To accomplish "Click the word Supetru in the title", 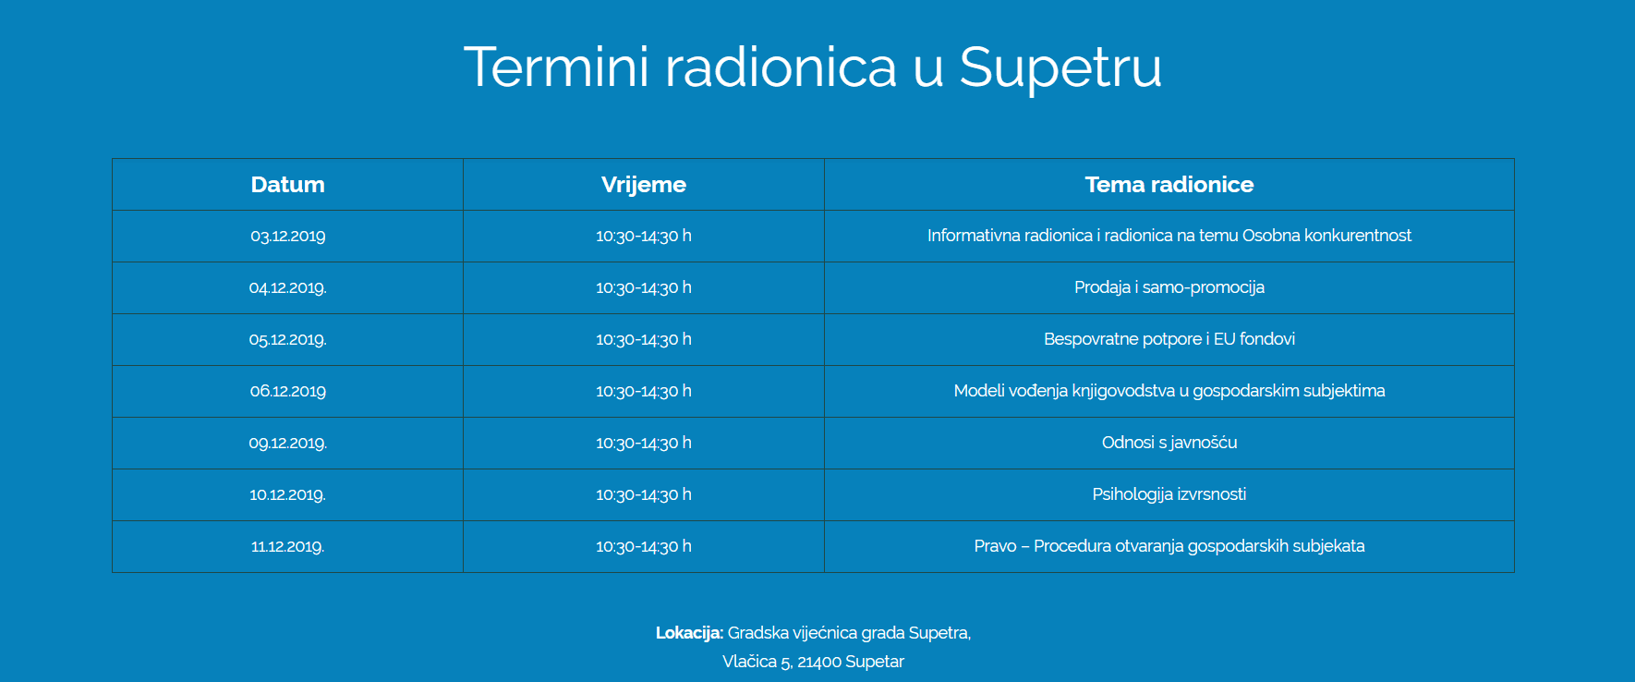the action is point(1060,68).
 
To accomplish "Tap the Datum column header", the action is point(287,185).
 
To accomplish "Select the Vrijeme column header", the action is point(644,185).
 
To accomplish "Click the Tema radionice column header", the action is point(1169,185).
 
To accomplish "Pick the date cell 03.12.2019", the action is point(287,236).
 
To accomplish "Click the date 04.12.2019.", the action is point(287,287).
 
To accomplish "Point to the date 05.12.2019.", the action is point(287,339).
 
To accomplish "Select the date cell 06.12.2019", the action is point(287,391).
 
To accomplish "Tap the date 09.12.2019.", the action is point(287,443).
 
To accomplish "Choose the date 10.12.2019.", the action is point(287,494).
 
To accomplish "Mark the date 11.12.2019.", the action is point(287,546).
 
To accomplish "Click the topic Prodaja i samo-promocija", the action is point(1169,287).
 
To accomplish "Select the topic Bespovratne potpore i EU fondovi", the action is point(1169,339).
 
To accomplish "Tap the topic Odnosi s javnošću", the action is point(1169,443).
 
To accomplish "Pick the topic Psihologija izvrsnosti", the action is point(1169,494).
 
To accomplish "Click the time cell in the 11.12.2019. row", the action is point(644,546).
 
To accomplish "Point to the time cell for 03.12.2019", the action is point(644,236).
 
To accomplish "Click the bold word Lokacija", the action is point(689,633).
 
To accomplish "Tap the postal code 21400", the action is point(819,662).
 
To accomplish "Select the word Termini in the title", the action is point(557,67).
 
